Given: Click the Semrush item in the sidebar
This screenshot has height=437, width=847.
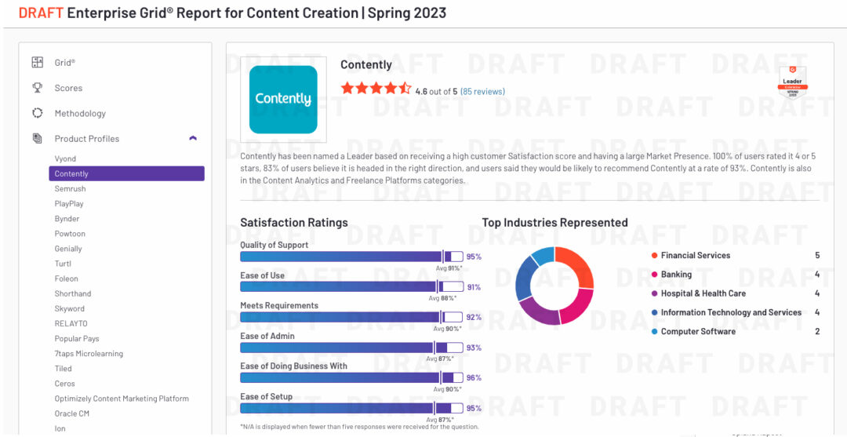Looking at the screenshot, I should coord(71,189).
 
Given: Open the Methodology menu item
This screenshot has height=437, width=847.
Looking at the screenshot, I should coord(80,114).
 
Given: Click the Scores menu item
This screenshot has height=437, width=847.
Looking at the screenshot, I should coord(68,89).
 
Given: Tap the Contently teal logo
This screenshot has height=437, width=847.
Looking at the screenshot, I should coord(283,100).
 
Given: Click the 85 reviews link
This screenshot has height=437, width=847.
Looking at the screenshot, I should coord(482,92).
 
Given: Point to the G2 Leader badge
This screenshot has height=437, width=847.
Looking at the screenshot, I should coord(792,82).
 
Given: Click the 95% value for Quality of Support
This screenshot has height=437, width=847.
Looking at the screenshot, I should coord(474,257).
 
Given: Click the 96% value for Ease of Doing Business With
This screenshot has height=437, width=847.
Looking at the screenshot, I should coord(474,378).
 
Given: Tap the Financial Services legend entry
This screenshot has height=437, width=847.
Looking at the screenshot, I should coord(695,256).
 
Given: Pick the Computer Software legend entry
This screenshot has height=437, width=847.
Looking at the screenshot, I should coord(698,332).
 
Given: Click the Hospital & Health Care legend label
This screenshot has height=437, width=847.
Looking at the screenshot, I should coord(703,293).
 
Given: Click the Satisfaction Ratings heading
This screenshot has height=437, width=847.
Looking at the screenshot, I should coord(294,223).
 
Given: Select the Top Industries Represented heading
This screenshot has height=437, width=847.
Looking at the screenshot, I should coord(554,223).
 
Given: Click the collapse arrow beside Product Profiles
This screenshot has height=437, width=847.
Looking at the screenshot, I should coord(193,139).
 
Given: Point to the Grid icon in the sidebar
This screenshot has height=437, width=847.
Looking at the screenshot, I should coord(37,63).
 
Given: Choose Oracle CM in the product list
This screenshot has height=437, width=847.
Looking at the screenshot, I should coord(72,413).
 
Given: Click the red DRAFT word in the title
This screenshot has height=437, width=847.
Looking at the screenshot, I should coord(41,13).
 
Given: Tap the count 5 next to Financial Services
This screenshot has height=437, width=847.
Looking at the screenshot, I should coord(817,256).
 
